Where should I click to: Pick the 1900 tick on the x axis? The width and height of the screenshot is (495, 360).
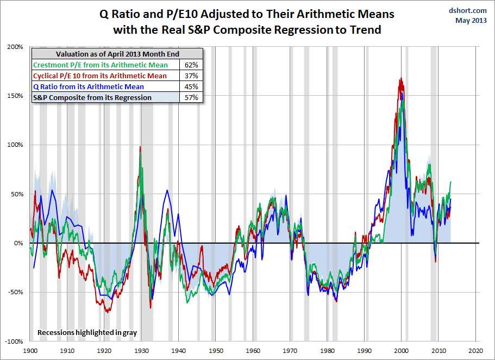point(30,351)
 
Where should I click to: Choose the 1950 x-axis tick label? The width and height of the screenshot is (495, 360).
point(216,351)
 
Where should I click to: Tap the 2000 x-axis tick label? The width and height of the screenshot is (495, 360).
point(402,351)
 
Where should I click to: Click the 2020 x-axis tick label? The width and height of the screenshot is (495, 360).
point(476,351)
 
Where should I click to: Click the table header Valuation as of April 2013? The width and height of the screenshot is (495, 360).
point(117,53)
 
